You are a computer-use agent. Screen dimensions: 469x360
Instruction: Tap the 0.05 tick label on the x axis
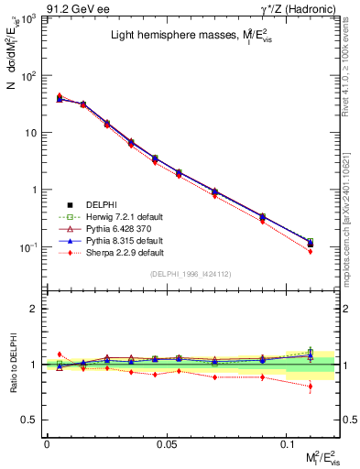click(x=166, y=443)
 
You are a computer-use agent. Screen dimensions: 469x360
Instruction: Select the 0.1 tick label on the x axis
click(x=286, y=443)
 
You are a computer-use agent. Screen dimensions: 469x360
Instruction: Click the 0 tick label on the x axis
click(x=47, y=443)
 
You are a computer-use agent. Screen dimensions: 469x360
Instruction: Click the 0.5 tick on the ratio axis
click(x=32, y=420)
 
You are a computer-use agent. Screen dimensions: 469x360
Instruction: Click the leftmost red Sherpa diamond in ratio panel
click(x=60, y=354)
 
